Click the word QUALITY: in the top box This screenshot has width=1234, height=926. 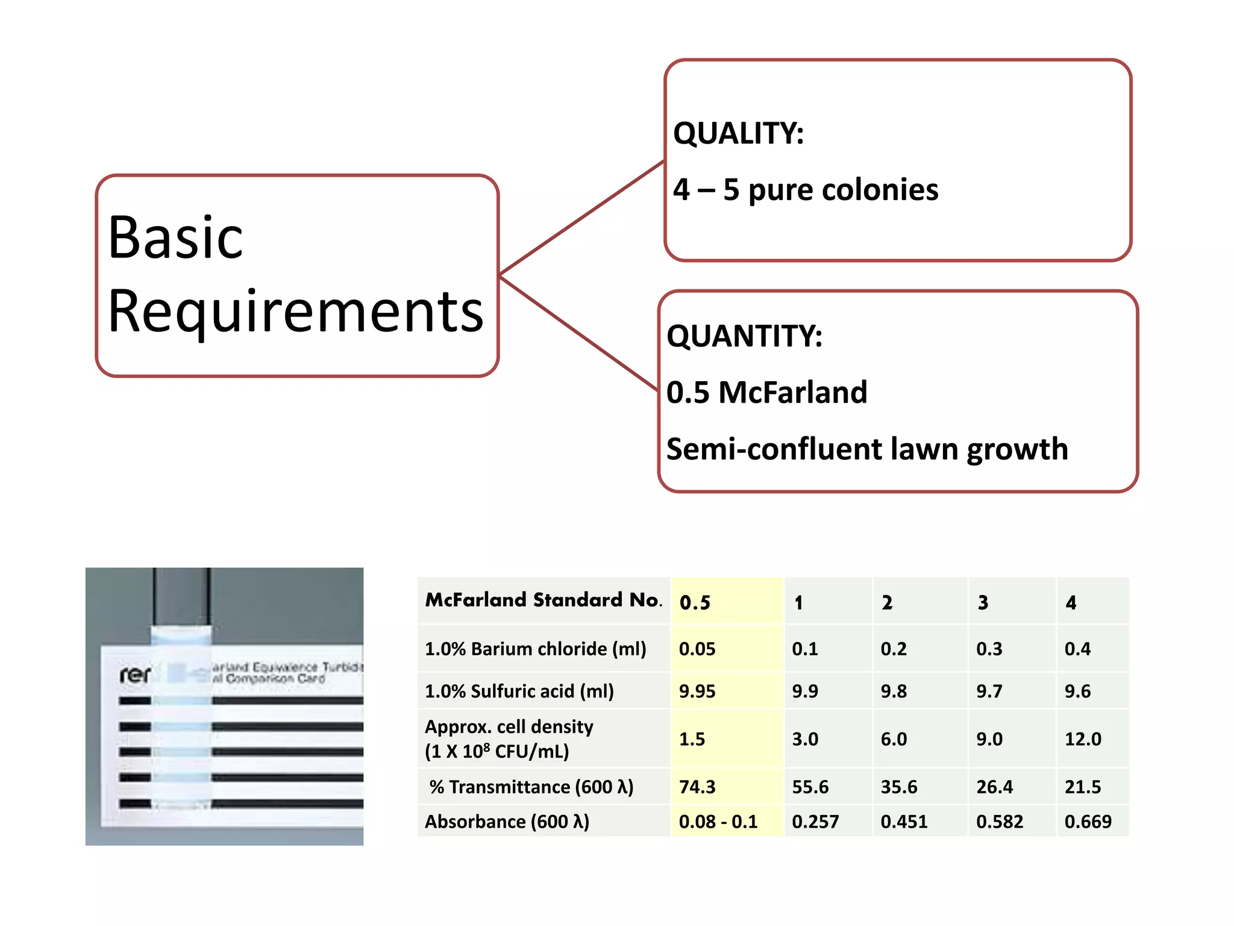[738, 133]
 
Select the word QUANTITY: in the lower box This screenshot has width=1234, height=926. [744, 336]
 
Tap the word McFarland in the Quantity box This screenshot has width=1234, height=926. [792, 392]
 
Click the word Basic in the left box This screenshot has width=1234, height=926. [175, 238]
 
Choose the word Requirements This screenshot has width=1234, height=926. [295, 312]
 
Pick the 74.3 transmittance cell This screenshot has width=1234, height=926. [697, 787]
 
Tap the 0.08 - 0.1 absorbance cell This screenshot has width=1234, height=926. [718, 822]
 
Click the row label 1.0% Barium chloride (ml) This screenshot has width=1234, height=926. [535, 649]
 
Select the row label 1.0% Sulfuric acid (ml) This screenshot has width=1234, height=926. [519, 691]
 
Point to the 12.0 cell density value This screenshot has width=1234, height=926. [1082, 739]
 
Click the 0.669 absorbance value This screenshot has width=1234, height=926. [1088, 822]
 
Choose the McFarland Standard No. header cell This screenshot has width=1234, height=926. [543, 600]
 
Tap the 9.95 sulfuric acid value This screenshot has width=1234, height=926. [697, 691]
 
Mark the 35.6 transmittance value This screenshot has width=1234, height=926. [898, 787]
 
